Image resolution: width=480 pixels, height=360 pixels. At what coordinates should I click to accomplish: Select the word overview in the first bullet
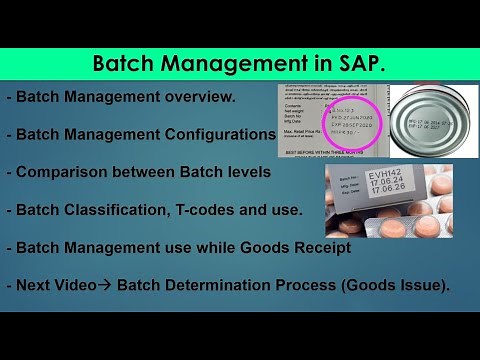coord(198,97)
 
